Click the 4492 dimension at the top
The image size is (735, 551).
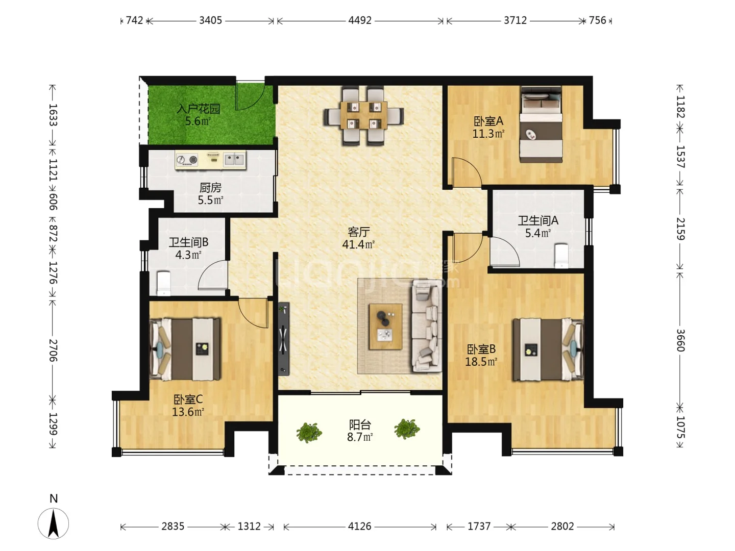click(x=360, y=20)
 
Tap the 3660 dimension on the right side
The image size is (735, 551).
click(x=680, y=340)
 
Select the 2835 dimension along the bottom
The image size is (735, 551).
click(x=173, y=526)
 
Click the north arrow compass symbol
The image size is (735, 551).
click(x=53, y=523)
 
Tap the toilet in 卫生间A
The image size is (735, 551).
click(x=561, y=256)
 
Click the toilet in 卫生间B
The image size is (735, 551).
click(x=164, y=283)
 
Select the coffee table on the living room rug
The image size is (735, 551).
click(x=385, y=327)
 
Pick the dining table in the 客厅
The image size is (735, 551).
click(x=363, y=115)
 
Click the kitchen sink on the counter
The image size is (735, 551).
click(x=234, y=159)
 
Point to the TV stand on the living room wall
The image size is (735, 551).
click(x=284, y=339)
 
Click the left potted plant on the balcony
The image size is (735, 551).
click(x=309, y=432)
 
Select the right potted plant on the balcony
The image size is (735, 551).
click(x=407, y=429)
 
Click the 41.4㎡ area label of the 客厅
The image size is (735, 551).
click(x=358, y=244)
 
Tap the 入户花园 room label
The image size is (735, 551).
click(x=198, y=109)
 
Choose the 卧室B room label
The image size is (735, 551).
click(x=481, y=349)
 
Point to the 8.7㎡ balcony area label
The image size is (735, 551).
click(x=360, y=437)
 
